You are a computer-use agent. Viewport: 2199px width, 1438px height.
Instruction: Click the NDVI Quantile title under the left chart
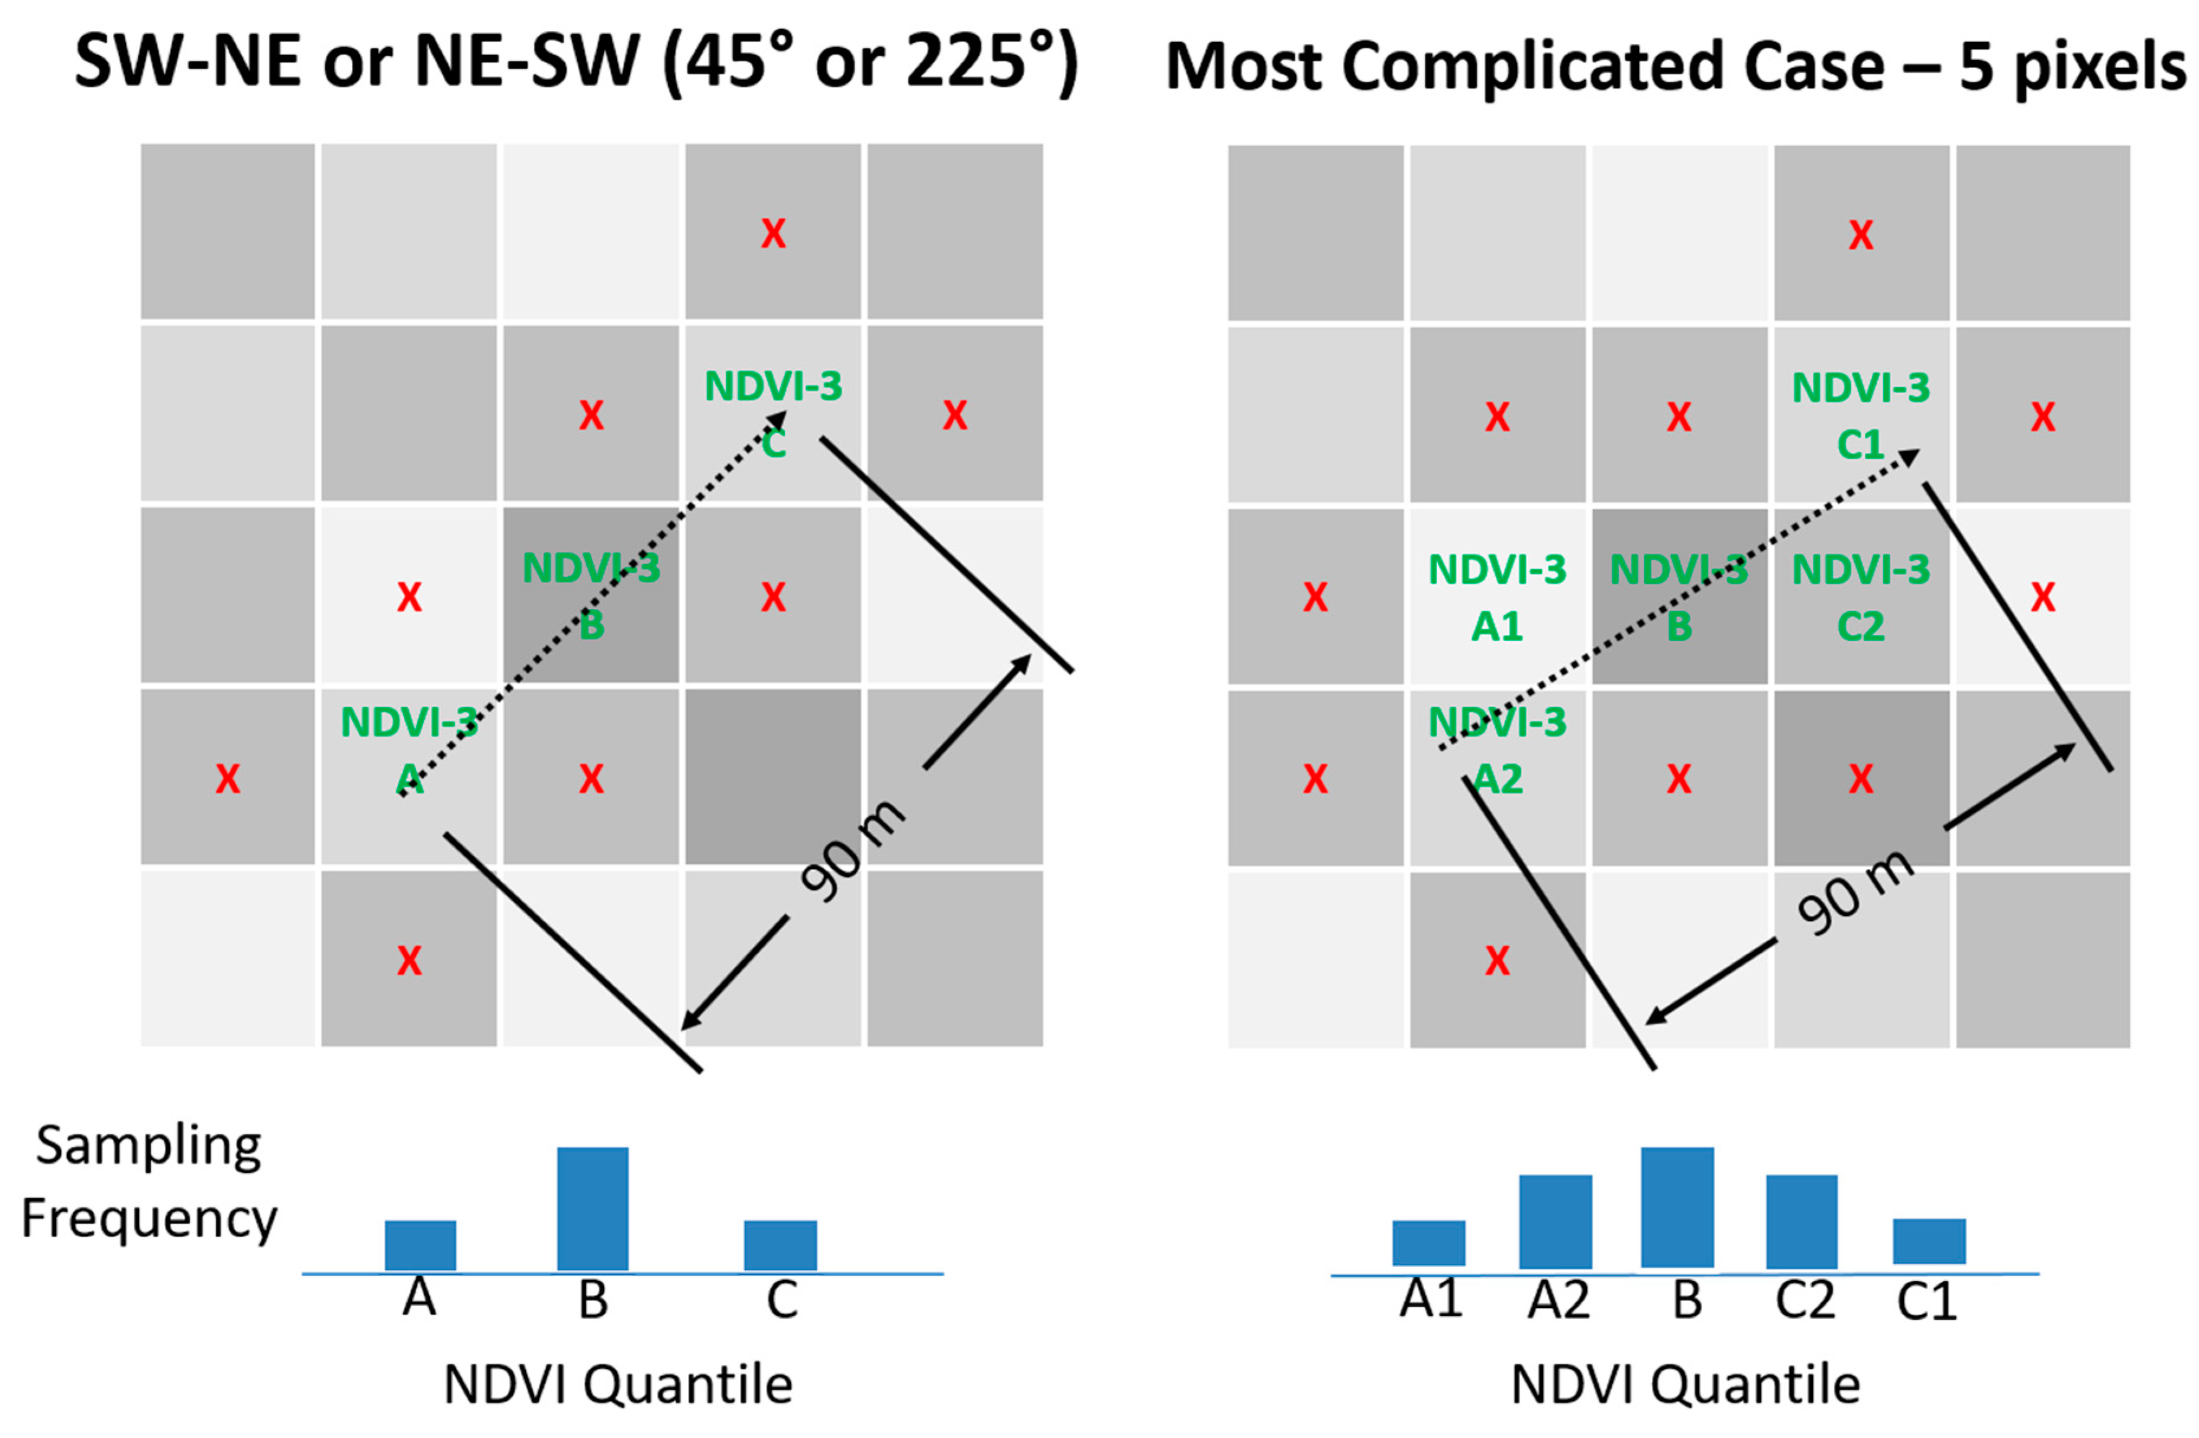click(x=618, y=1385)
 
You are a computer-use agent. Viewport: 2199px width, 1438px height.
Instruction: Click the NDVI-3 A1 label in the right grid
click(x=1497, y=598)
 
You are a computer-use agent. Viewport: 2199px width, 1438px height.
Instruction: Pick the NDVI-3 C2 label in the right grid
click(x=1860, y=598)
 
